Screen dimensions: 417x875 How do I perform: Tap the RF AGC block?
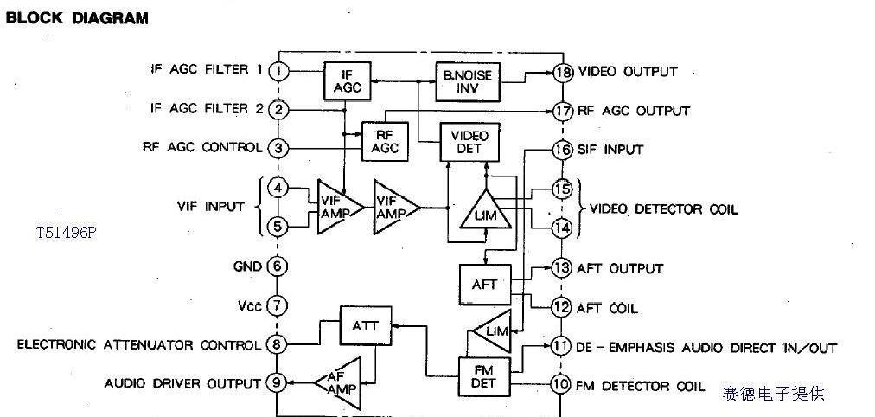click(x=385, y=141)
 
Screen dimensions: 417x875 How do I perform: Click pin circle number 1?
click(x=278, y=71)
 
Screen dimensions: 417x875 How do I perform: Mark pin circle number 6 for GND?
click(x=278, y=266)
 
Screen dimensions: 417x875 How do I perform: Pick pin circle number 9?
click(x=278, y=383)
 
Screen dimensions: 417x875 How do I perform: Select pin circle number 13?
click(x=562, y=268)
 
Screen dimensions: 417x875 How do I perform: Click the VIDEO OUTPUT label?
click(x=628, y=72)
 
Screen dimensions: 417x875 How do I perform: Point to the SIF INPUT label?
click(x=610, y=150)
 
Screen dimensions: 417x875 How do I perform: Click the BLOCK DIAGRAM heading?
click(x=77, y=17)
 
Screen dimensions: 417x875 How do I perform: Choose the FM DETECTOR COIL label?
click(x=641, y=386)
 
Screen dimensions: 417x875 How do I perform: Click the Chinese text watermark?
click(x=774, y=394)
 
